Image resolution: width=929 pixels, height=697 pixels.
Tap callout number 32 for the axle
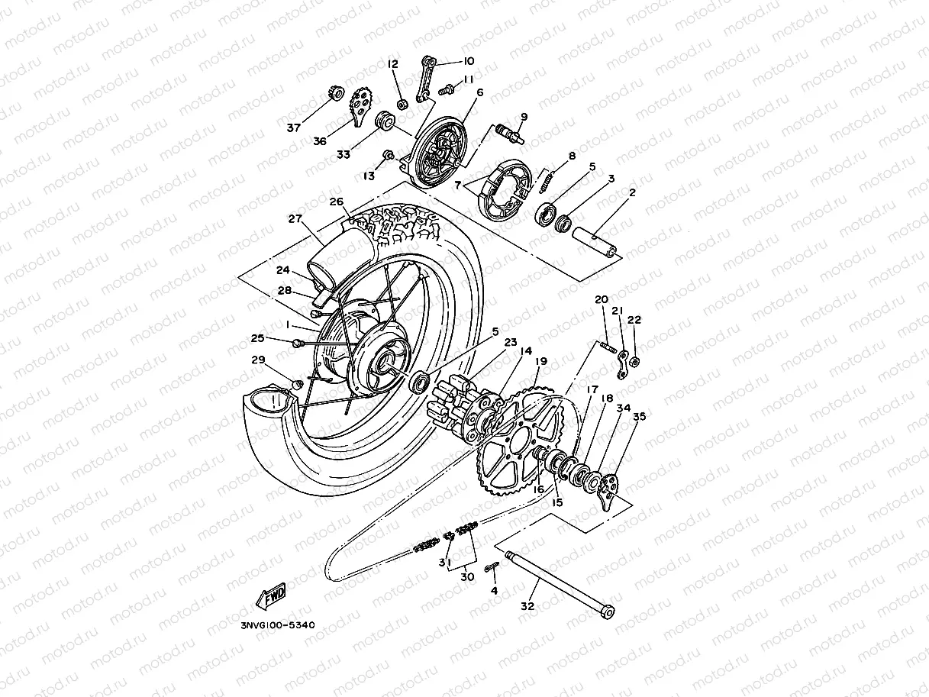click(x=527, y=606)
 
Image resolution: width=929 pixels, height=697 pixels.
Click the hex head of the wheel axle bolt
click(x=608, y=612)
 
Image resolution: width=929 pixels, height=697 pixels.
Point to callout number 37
click(x=294, y=127)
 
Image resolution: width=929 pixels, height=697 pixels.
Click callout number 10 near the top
click(x=468, y=61)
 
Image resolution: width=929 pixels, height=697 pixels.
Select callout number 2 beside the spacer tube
click(x=632, y=193)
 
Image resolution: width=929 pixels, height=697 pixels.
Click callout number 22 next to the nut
click(x=634, y=320)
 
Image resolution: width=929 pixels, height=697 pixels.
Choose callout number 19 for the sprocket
click(x=540, y=361)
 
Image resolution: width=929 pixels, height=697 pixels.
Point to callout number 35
click(x=639, y=417)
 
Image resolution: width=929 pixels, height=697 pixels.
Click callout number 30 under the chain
click(x=467, y=577)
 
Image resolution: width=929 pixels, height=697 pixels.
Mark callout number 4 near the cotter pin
click(x=494, y=590)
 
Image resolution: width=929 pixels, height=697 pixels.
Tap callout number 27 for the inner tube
click(x=295, y=218)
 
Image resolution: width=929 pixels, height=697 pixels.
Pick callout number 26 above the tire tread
click(x=337, y=202)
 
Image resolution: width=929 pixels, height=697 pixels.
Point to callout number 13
click(x=369, y=176)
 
